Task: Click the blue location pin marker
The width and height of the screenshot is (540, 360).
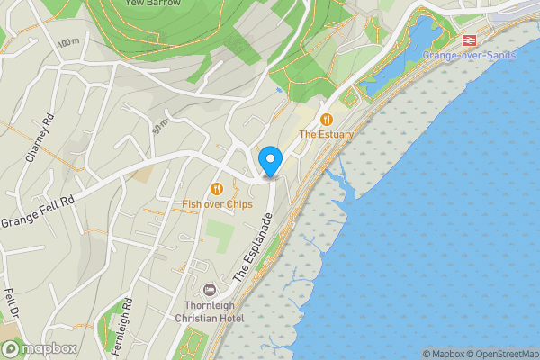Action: pos(271,161)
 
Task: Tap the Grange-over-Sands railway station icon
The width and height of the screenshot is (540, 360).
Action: pos(469,40)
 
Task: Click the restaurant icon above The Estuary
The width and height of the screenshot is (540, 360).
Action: pos(327,119)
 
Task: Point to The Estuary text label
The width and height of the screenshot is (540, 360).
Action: pos(327,134)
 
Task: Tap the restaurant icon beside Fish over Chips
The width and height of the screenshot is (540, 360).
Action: pos(216,189)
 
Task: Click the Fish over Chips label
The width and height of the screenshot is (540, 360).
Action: pos(217,204)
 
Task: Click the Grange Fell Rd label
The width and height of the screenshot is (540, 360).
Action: pos(37,210)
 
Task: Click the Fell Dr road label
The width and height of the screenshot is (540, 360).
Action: pos(12,304)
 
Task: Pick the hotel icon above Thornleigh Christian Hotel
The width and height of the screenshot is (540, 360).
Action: pos(210,290)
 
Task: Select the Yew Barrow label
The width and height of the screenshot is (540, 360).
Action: pos(147,4)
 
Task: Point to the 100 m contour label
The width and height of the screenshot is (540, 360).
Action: pos(68,42)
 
